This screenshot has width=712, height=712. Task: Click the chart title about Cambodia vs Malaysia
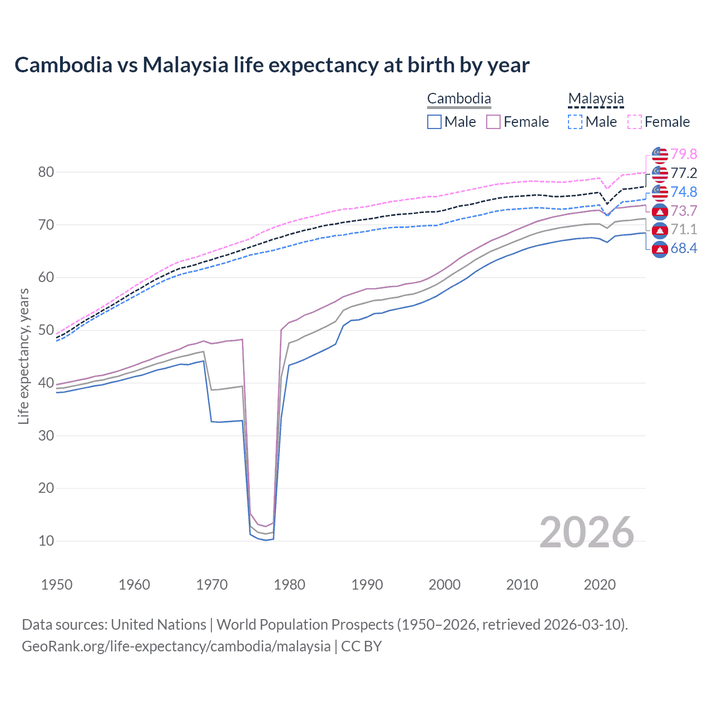(x=272, y=65)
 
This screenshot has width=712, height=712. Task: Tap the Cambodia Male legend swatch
(x=434, y=122)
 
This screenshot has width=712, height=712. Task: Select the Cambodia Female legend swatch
(x=493, y=122)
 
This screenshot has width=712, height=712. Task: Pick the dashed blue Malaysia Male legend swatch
(x=575, y=122)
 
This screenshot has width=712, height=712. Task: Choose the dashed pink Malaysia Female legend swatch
(x=635, y=122)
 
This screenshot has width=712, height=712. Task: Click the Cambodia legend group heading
(x=459, y=99)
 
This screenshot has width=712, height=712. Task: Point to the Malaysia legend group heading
(x=596, y=99)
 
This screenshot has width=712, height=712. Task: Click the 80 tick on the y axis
(x=46, y=172)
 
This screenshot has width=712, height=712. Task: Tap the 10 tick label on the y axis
(x=46, y=541)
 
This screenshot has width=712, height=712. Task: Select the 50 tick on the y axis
(x=46, y=330)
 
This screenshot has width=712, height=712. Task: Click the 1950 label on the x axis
(x=57, y=585)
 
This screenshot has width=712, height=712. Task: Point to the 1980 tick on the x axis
(x=289, y=585)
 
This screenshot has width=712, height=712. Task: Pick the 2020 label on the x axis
(x=600, y=585)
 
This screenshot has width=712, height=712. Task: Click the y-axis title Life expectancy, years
(x=23, y=356)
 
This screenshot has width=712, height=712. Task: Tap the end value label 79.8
(x=684, y=154)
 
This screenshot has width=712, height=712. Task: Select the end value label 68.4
(x=684, y=249)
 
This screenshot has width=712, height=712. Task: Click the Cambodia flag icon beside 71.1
(x=660, y=230)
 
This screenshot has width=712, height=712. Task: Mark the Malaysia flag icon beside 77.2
(x=660, y=173)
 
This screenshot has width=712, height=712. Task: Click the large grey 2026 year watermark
(x=587, y=532)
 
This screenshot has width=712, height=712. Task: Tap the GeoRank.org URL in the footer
(x=176, y=646)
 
